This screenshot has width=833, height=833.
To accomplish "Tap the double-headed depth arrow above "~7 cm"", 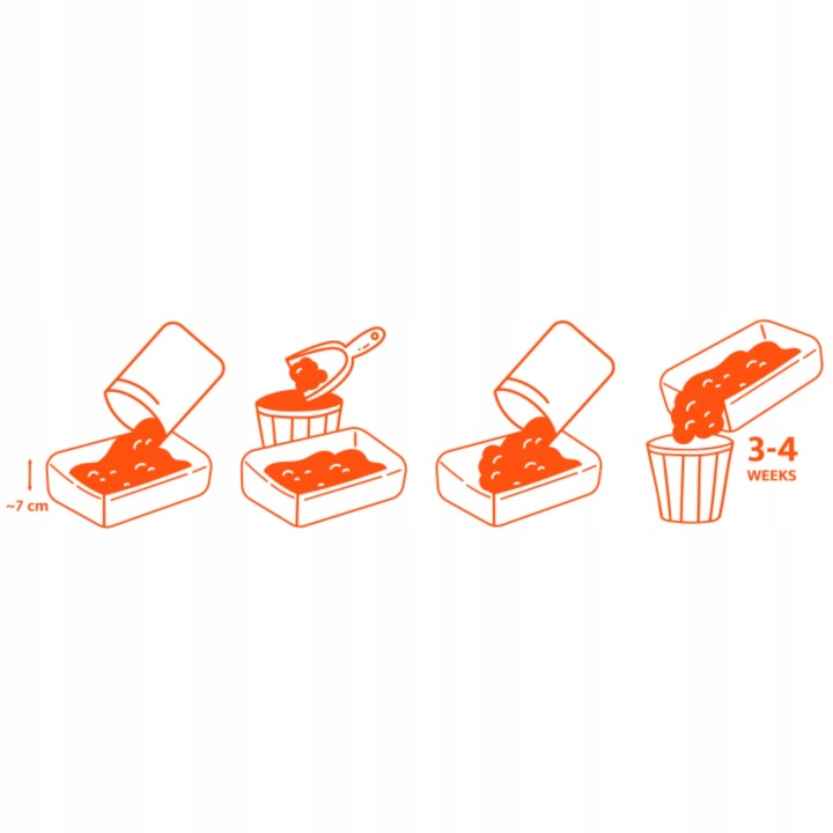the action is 30,474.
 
